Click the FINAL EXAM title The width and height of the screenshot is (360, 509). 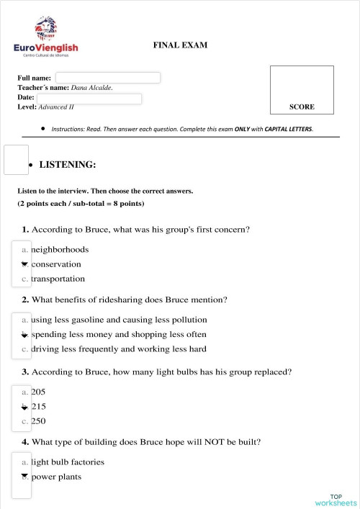(180, 45)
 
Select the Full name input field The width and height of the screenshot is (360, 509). (108, 78)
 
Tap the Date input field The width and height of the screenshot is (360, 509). (89, 99)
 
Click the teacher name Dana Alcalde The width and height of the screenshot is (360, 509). (91, 88)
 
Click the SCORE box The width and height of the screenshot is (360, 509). (302, 90)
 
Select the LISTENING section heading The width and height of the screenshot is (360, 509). (67, 165)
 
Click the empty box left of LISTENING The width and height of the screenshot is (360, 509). (16, 160)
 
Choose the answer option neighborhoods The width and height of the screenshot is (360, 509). (60, 250)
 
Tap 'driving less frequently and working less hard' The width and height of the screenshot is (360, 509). (118, 349)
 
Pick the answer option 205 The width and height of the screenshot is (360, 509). (38, 392)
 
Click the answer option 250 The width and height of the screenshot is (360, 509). (38, 421)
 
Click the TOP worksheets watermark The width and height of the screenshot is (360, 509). (336, 500)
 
